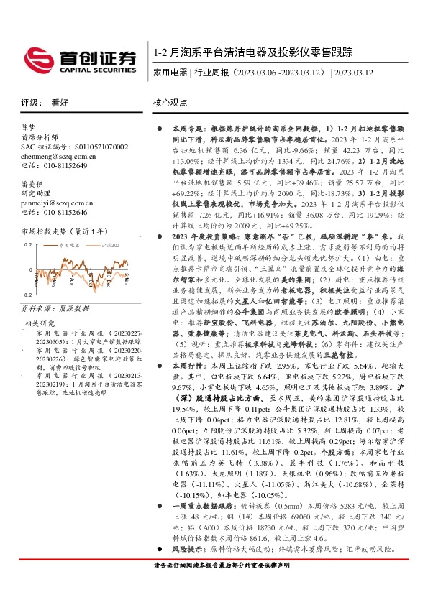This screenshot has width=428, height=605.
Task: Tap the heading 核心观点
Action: coord(170,103)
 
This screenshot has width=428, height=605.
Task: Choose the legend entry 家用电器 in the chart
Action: coord(70,244)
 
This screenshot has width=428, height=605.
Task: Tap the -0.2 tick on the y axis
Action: coord(27,295)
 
